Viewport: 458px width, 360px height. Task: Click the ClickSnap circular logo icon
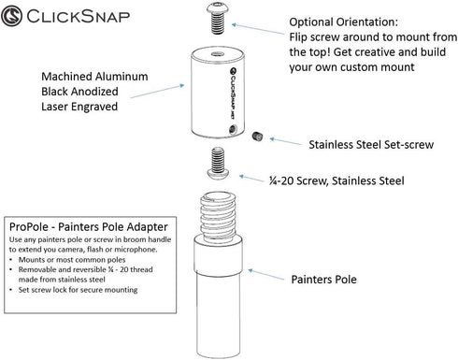[11, 16]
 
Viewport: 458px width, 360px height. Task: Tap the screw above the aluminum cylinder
[218, 19]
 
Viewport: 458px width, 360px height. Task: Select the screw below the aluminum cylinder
[218, 163]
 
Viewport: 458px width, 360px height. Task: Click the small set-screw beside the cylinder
[257, 137]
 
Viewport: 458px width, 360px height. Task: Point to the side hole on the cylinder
[233, 128]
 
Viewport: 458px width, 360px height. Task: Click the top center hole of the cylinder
[218, 54]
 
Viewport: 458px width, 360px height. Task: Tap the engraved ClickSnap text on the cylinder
[233, 93]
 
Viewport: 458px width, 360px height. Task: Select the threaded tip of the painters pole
[218, 216]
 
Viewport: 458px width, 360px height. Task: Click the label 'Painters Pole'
[323, 280]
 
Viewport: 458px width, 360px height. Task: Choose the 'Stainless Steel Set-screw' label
[371, 145]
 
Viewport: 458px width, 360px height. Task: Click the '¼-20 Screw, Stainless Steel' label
[336, 180]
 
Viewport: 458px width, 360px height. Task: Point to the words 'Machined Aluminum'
[94, 77]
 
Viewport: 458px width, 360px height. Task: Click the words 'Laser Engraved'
[79, 107]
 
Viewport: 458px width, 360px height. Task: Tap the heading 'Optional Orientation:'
[344, 22]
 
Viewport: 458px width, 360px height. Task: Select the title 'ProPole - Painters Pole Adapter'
[89, 226]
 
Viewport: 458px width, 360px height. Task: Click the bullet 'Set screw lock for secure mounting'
[78, 290]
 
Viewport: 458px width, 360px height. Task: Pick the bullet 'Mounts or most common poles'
[72, 260]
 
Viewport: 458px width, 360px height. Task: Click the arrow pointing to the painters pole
[266, 275]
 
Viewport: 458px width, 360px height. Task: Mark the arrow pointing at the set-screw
[285, 141]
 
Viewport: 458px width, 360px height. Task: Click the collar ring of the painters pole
[218, 255]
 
